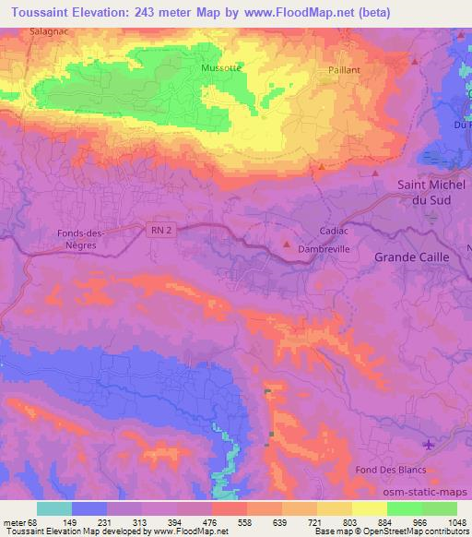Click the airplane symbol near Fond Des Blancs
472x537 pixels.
click(429, 447)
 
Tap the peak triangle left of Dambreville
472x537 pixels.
click(287, 245)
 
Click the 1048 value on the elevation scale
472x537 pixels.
click(457, 521)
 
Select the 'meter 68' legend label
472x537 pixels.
click(19, 521)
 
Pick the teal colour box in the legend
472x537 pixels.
click(54, 508)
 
